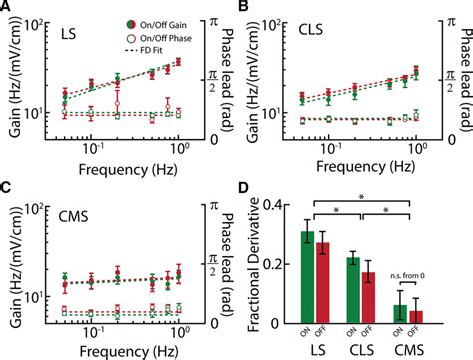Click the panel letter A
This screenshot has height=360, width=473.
(8, 8)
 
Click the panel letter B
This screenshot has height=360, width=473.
(245, 8)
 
